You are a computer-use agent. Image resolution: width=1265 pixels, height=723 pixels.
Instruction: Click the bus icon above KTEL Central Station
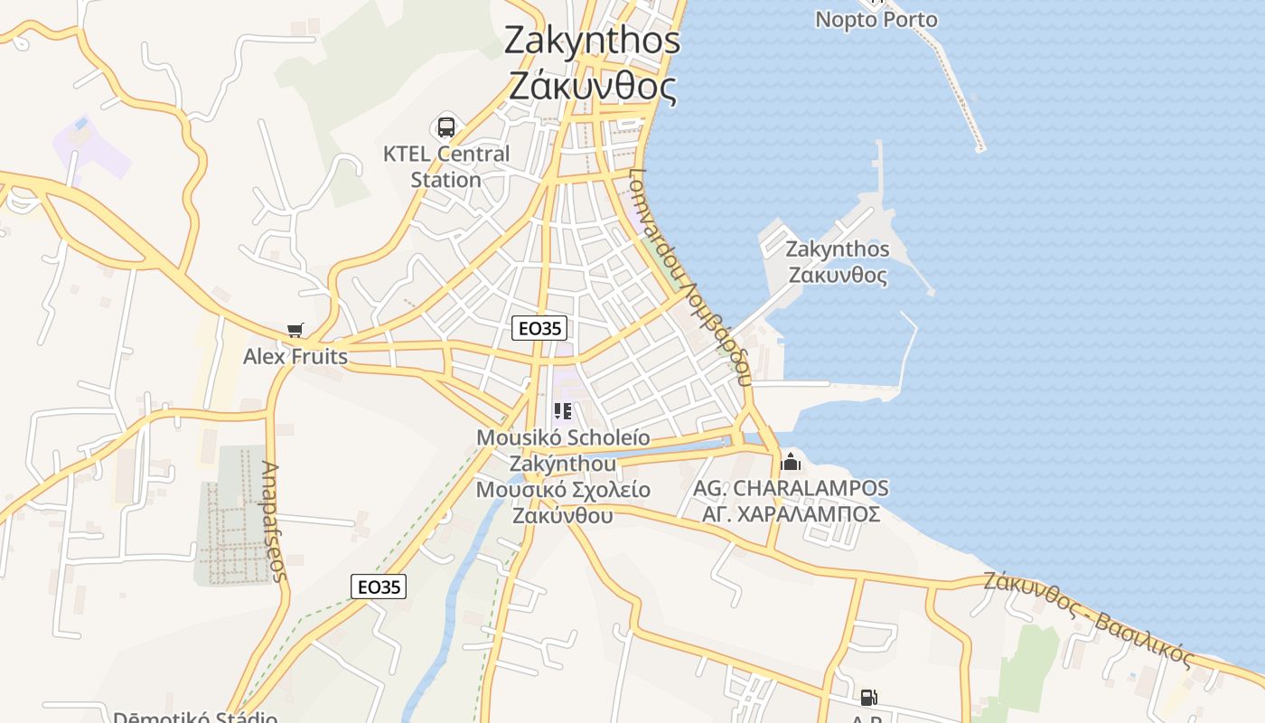446,127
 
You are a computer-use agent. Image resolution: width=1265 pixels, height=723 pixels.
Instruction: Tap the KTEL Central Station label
446,166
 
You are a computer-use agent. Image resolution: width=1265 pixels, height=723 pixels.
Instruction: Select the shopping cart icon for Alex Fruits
295,331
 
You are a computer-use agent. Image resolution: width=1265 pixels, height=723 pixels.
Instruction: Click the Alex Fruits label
295,357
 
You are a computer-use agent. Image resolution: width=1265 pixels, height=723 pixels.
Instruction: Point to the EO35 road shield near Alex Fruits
539,328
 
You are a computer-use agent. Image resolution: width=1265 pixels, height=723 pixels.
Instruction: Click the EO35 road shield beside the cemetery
378,587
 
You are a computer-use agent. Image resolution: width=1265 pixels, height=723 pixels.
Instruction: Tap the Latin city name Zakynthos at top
592,40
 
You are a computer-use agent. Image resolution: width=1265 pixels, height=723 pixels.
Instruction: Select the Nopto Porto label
876,20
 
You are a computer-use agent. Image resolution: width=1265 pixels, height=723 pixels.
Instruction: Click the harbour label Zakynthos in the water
838,249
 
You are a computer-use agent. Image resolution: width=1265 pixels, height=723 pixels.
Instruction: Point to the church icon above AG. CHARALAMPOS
791,462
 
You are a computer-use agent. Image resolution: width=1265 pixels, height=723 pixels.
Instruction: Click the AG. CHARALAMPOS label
791,489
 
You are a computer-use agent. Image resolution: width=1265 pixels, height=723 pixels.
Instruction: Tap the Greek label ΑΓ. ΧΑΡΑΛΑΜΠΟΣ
791,514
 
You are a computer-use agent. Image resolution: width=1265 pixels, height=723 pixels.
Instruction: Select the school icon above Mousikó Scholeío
563,412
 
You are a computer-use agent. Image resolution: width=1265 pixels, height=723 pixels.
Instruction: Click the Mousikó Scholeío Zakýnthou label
563,450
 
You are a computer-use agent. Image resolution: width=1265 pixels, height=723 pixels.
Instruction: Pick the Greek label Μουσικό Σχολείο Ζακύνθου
563,502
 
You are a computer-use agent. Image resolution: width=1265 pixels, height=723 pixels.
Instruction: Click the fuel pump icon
868,698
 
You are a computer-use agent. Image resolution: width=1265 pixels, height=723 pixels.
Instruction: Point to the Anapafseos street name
274,521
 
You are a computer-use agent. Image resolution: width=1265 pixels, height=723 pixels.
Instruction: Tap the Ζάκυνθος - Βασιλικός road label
1089,617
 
